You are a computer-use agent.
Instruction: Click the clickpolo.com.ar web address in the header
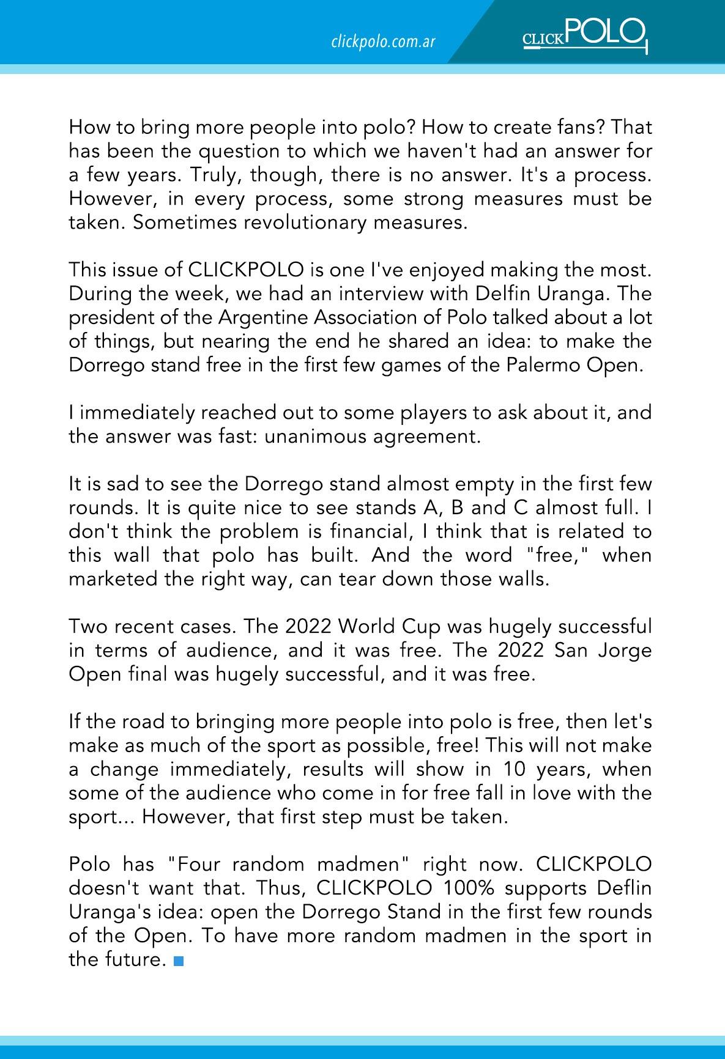pos(382,42)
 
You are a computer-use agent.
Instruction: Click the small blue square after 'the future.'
pos(178,961)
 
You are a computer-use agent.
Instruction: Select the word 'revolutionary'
pos(305,223)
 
